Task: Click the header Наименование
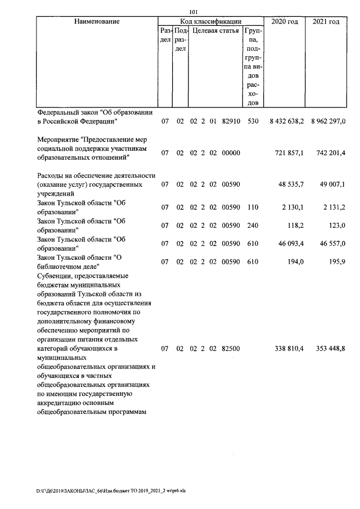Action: (96, 21)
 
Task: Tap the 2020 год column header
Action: (285, 21)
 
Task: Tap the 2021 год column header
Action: (326, 21)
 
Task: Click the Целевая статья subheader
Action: (216, 31)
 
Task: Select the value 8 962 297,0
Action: (327, 121)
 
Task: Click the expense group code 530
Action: (253, 121)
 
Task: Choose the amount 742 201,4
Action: (331, 153)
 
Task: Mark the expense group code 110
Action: (253, 208)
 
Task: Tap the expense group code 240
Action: (253, 226)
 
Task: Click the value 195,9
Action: (336, 262)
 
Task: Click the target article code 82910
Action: (231, 121)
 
